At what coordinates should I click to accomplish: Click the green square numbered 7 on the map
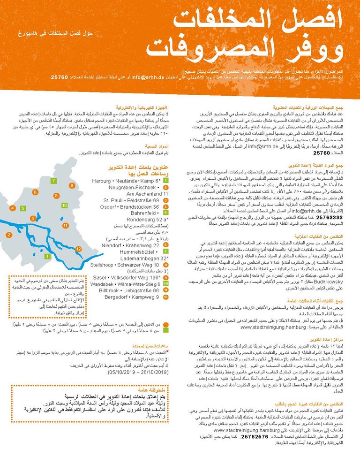(x=54, y=181)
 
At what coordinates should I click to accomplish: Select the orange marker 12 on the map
(x=78, y=249)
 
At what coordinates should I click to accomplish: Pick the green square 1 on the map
(x=46, y=256)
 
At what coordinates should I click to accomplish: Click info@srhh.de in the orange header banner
(x=147, y=76)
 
